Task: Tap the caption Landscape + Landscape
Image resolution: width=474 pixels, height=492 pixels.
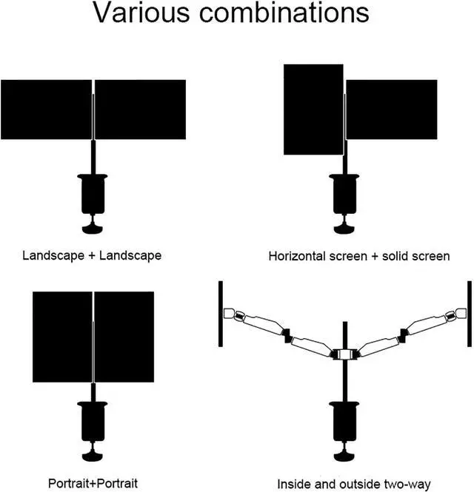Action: click(x=93, y=256)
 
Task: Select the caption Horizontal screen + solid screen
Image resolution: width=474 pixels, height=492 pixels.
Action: click(x=359, y=257)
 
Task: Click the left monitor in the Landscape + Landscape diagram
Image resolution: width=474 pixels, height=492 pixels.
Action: click(x=45, y=109)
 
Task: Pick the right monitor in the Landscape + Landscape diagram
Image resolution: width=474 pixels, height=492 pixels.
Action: click(x=140, y=109)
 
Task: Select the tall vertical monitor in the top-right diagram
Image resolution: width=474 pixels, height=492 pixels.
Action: click(x=313, y=109)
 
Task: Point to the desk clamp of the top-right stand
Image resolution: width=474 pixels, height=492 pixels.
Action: click(x=344, y=197)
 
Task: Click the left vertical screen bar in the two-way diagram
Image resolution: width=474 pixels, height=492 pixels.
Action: click(x=221, y=313)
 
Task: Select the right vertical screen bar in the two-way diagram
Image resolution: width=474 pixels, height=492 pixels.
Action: click(x=468, y=313)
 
